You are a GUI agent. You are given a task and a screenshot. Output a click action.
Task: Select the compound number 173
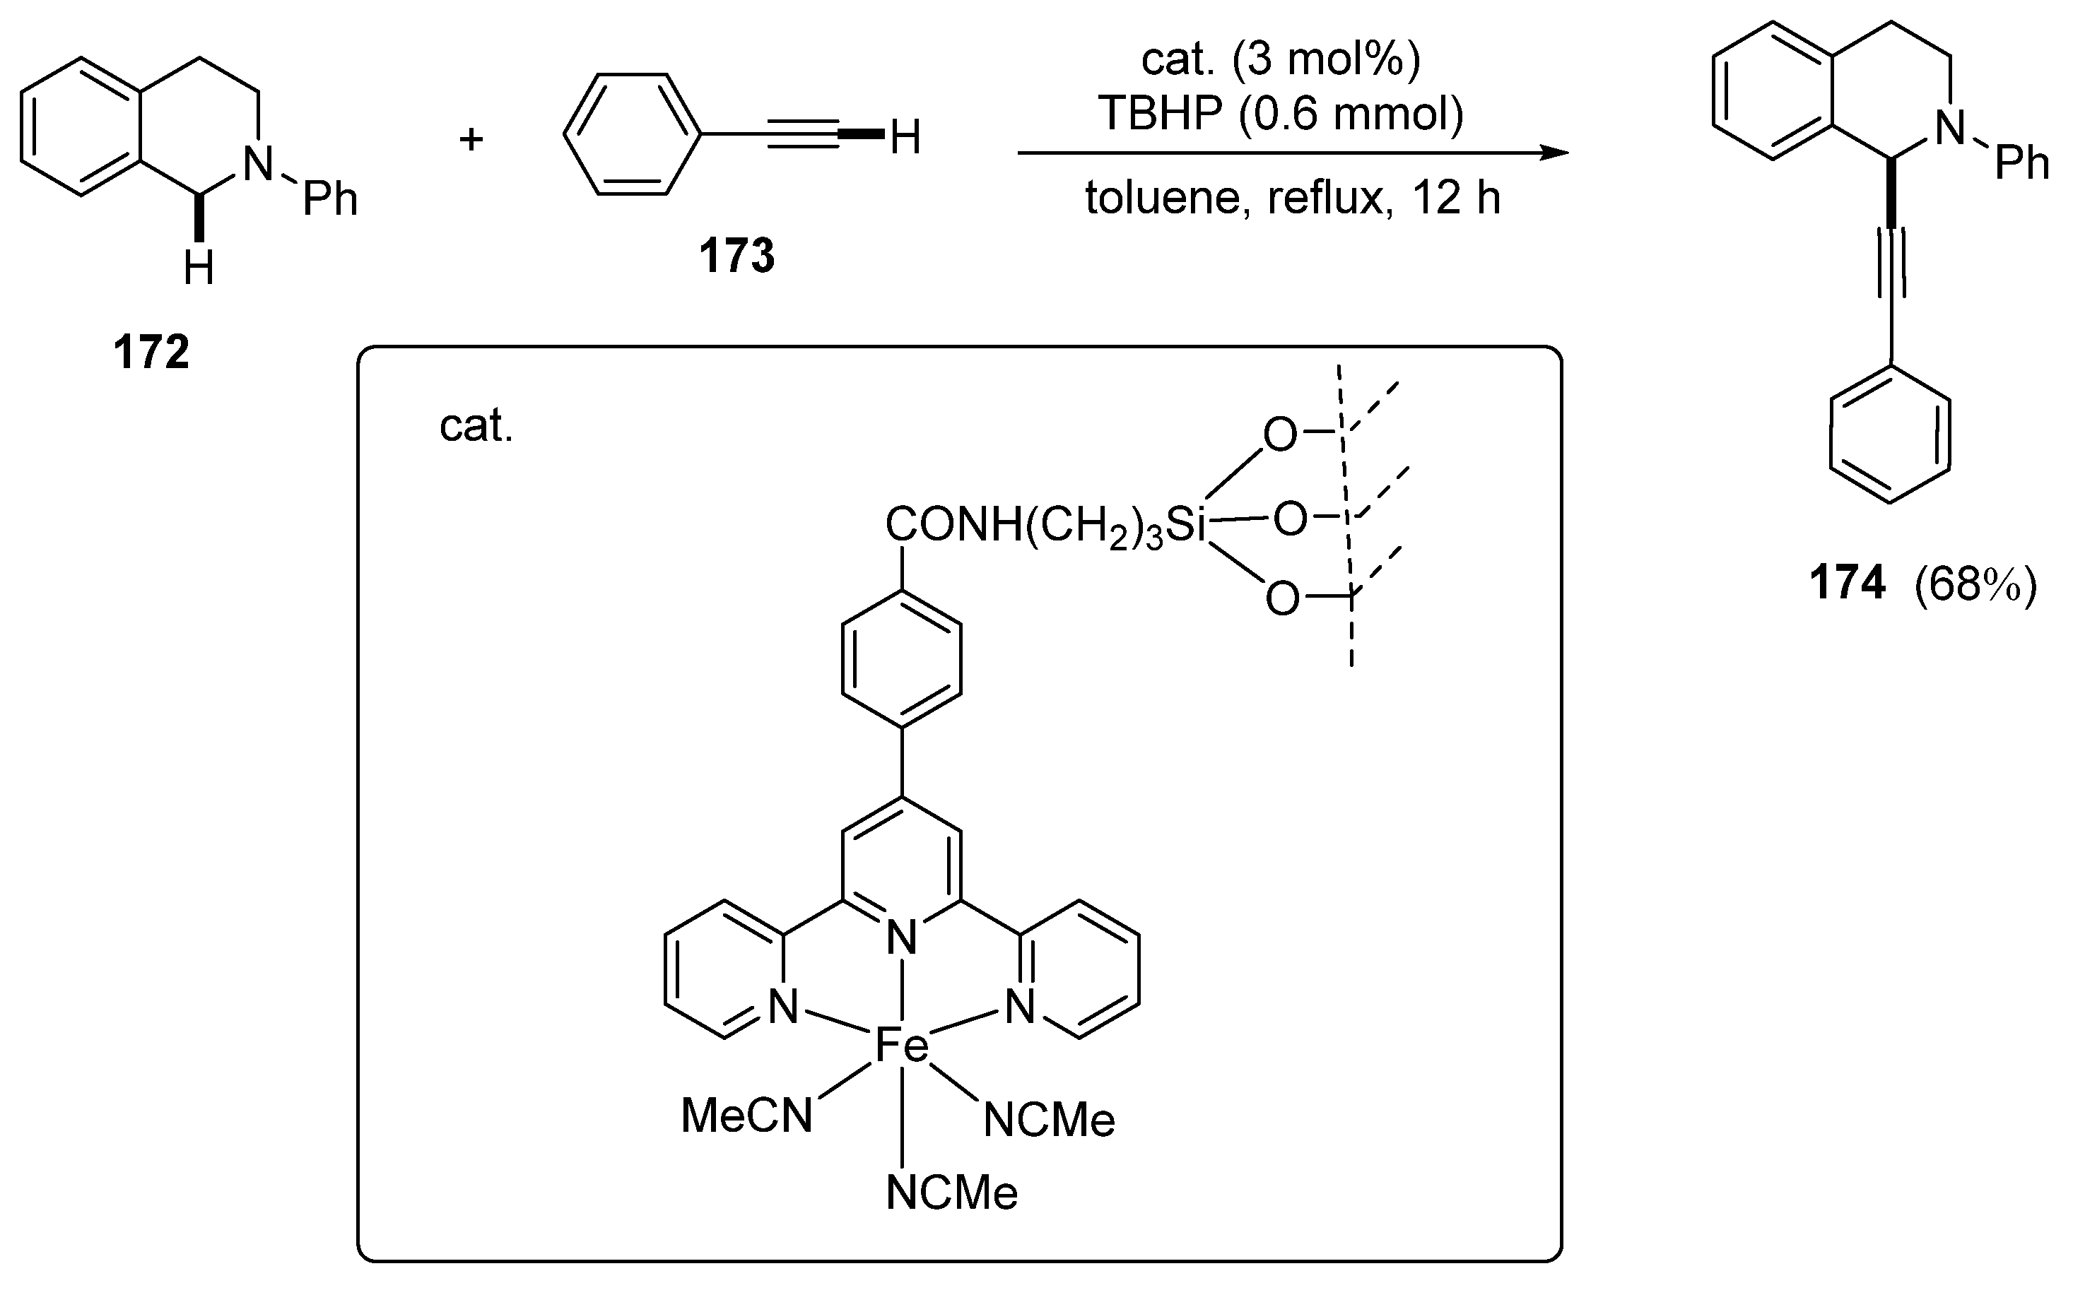click(736, 255)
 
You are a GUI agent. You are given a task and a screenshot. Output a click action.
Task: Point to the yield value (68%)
click(1975, 585)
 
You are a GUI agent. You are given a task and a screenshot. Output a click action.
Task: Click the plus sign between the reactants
click(471, 138)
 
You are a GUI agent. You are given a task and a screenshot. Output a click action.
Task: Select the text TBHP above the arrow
click(1161, 113)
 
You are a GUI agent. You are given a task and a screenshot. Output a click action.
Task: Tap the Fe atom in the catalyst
click(901, 1046)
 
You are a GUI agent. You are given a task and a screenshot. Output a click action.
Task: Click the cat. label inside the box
click(476, 426)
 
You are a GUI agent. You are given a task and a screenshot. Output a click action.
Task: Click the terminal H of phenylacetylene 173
click(905, 138)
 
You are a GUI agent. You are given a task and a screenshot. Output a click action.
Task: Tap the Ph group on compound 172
click(330, 199)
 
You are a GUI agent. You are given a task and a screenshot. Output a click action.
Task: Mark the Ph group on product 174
click(2021, 162)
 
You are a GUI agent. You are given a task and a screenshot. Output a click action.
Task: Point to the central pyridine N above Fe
click(901, 938)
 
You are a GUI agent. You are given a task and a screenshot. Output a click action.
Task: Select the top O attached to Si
click(1280, 435)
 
